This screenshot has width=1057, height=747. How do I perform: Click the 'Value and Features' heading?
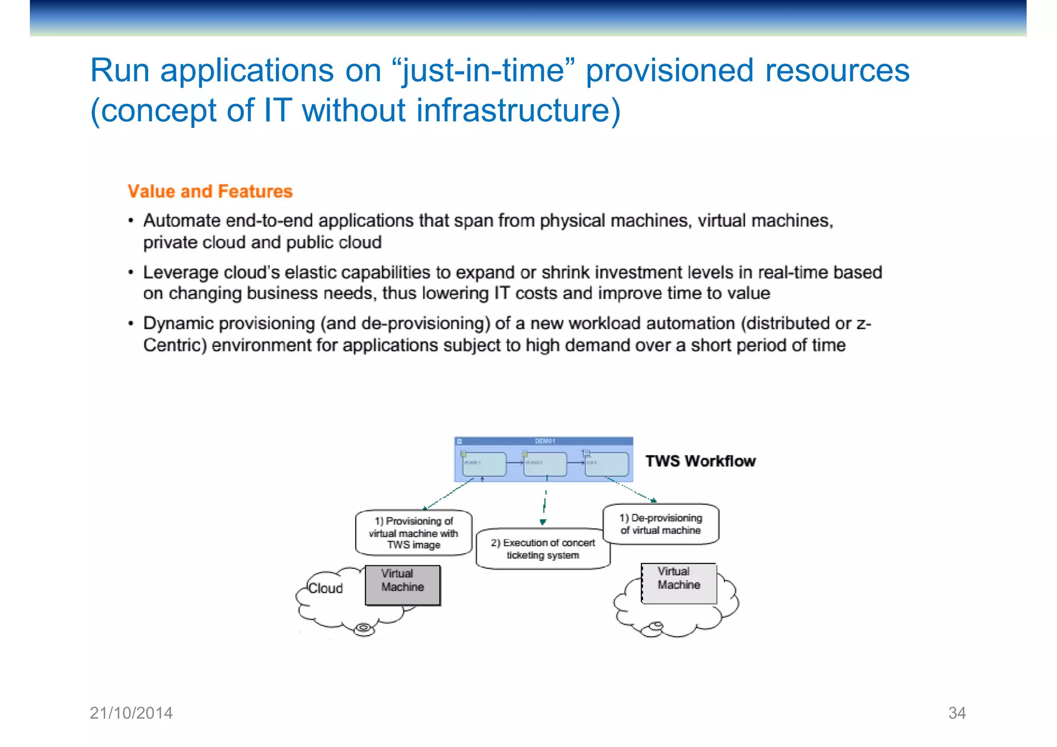point(210,191)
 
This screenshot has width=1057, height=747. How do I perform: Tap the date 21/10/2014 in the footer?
point(131,713)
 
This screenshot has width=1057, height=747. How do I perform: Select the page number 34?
point(957,713)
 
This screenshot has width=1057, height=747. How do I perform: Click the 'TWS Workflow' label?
point(700,461)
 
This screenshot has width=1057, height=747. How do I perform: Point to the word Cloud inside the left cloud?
point(325,588)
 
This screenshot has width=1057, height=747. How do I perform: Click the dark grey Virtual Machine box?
point(403,586)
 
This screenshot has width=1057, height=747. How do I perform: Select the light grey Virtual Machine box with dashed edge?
point(679,583)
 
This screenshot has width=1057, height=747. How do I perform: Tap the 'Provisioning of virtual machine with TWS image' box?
point(413,533)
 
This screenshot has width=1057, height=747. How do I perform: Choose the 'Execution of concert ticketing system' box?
point(542,549)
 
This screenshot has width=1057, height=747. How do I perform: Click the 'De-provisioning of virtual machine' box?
point(661,524)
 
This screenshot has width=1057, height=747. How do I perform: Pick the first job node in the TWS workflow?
point(484,464)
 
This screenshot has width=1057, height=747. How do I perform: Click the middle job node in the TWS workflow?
point(545,464)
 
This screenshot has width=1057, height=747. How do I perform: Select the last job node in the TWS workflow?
point(607,464)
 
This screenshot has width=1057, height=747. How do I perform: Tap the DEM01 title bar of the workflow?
point(544,441)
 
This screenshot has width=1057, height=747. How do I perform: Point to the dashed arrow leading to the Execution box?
point(544,503)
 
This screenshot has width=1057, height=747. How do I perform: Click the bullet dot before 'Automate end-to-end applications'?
point(131,221)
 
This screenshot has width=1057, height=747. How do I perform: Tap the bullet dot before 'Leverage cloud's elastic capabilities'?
point(131,272)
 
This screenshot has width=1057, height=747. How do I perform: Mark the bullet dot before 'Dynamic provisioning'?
point(131,324)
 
